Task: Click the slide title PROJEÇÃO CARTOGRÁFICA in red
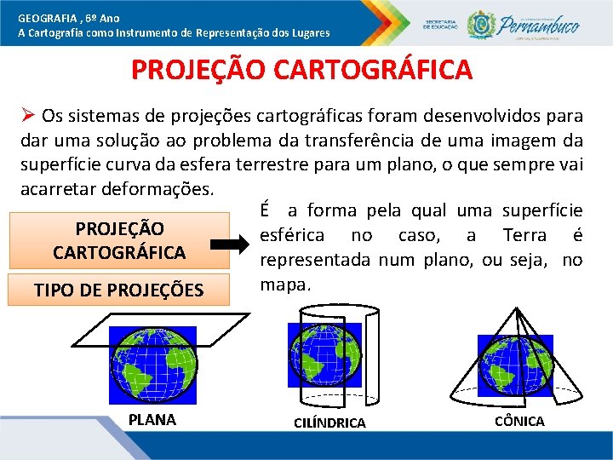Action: (x=301, y=69)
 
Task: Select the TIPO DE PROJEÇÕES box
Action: (x=118, y=290)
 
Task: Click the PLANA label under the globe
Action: (x=152, y=419)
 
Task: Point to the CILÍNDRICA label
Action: (x=329, y=423)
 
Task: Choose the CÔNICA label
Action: (x=519, y=421)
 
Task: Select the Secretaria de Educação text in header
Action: (x=443, y=22)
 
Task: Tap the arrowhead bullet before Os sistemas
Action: (x=28, y=115)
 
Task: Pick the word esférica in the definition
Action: (x=292, y=235)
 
